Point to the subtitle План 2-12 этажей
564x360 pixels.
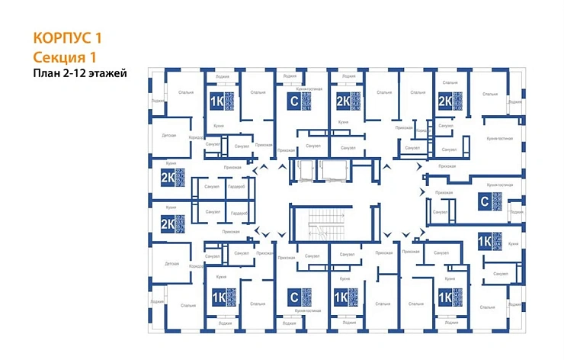point(79,73)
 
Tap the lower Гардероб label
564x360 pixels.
point(239,213)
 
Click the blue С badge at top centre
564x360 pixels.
point(291,101)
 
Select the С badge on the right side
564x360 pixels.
point(483,202)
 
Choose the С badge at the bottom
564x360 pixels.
point(291,297)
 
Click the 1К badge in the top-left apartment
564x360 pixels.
point(217,101)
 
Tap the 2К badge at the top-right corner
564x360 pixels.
point(444,101)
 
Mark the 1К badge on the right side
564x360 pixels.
point(483,239)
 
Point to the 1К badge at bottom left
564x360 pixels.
point(217,297)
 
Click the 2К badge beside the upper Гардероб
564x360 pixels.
point(167,178)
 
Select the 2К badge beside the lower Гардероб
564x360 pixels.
point(167,223)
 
